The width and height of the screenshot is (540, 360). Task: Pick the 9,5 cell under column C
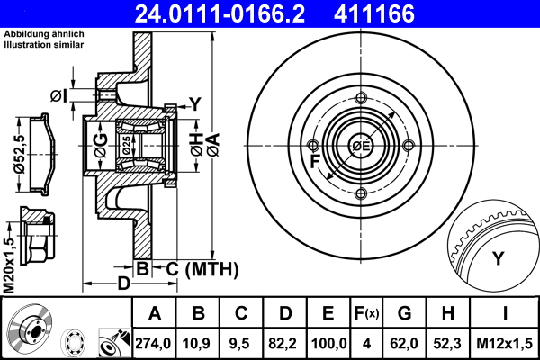[242, 343]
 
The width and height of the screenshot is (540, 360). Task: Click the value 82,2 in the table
[285, 343]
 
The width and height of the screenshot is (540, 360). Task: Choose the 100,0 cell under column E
[329, 343]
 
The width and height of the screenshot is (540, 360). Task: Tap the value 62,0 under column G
[404, 343]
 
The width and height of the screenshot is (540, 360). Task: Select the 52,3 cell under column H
[448, 343]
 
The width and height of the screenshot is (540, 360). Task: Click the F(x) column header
[366, 314]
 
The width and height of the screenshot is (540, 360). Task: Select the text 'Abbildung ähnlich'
[45, 34]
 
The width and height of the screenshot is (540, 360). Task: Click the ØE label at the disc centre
[361, 147]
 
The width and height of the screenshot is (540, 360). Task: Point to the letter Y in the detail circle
[498, 259]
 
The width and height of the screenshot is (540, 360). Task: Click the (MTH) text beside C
[210, 267]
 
